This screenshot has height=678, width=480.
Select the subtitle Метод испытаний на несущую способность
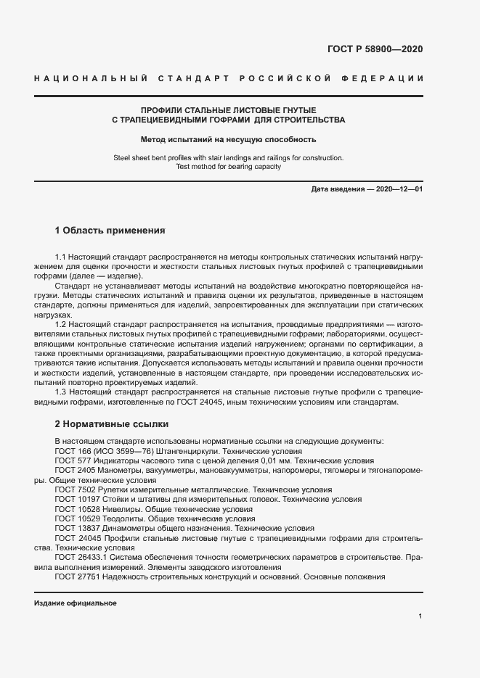(x=228, y=139)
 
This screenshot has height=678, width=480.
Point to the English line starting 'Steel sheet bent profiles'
(x=228, y=157)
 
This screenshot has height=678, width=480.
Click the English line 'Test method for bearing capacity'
(x=228, y=166)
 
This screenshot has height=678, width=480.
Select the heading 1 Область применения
(x=110, y=231)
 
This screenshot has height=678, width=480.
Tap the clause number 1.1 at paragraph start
(x=62, y=257)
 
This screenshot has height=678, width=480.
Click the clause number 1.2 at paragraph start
(x=62, y=325)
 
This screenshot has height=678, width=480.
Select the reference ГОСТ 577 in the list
(x=70, y=460)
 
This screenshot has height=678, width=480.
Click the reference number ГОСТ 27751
(x=74, y=576)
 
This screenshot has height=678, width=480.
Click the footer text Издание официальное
(x=76, y=603)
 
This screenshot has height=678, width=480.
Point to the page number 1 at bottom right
(x=420, y=616)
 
